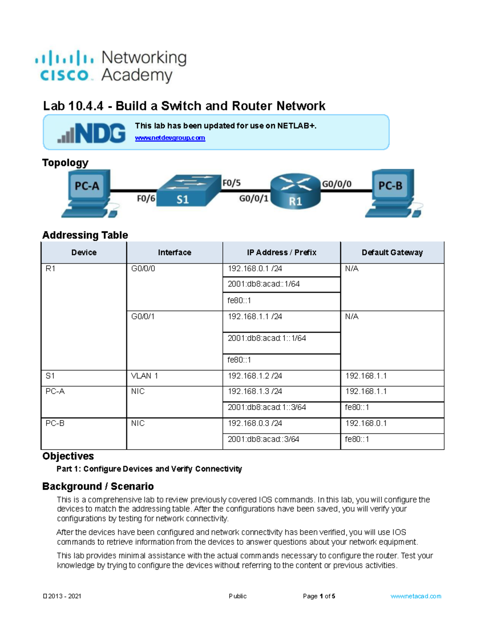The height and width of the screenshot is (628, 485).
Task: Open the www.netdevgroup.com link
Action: [x=170, y=138]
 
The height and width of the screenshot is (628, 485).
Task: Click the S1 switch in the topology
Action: [x=186, y=190]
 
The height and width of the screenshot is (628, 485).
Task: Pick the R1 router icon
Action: [x=295, y=191]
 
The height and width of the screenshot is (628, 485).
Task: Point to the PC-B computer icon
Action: [x=392, y=192]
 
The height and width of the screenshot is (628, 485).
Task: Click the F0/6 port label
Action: [x=146, y=199]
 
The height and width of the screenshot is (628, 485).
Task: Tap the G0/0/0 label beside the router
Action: [x=336, y=184]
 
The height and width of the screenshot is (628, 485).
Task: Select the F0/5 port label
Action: [x=232, y=183]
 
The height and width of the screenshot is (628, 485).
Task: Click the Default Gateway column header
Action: [x=392, y=253]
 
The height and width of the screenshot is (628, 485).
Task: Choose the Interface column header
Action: [x=174, y=253]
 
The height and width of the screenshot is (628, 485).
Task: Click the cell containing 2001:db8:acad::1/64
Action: [x=264, y=284]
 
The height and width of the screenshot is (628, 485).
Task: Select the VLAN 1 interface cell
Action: [x=145, y=376]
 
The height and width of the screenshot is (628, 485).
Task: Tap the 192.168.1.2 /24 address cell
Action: [x=255, y=376]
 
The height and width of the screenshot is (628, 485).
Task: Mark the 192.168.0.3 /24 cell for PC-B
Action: [x=255, y=423]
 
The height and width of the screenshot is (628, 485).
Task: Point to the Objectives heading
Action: [x=68, y=456]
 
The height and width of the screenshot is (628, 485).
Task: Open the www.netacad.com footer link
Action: [x=416, y=596]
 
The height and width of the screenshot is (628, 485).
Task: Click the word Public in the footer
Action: [x=238, y=596]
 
